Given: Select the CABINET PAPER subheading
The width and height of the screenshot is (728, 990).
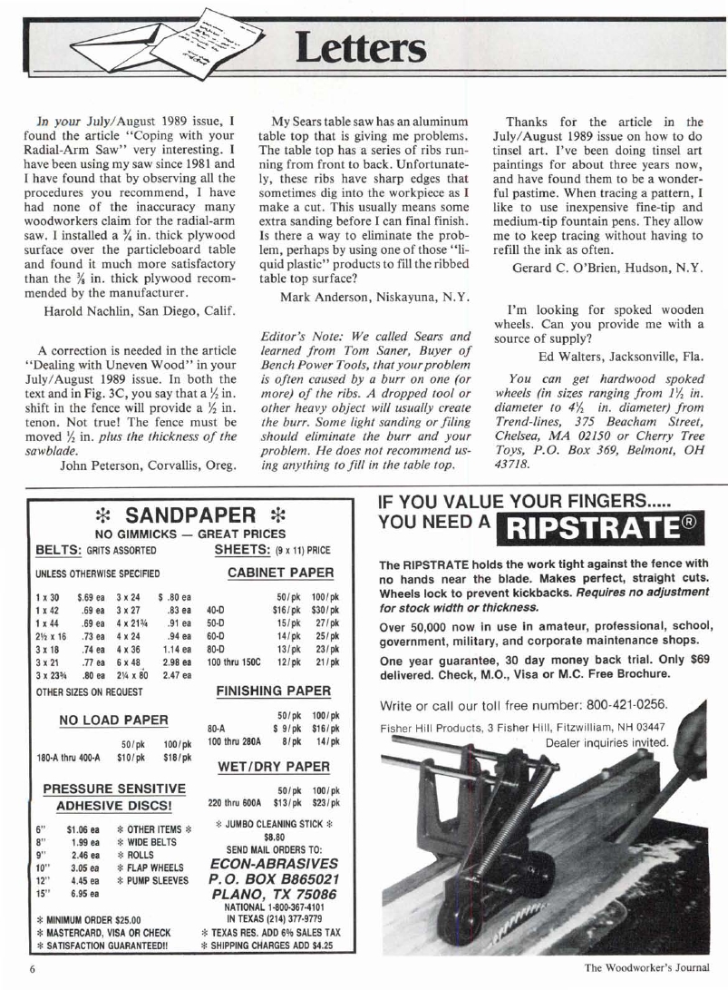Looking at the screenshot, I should [x=279, y=573].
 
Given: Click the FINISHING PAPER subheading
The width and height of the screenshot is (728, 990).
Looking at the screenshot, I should [x=273, y=691].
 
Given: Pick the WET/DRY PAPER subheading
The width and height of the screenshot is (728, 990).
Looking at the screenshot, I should [x=273, y=767].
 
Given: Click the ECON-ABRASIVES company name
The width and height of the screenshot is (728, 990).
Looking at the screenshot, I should [x=274, y=865].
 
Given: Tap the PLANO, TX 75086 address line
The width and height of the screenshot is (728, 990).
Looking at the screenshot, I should [x=274, y=897].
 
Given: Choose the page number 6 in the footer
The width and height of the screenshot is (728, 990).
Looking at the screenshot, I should [x=31, y=968].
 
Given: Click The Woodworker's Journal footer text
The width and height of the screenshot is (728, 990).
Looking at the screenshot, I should [x=644, y=968].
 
